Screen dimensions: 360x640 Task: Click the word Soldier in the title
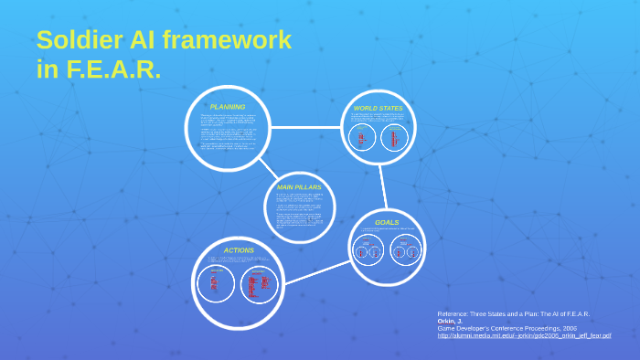(x=76, y=40)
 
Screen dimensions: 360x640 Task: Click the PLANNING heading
(x=228, y=106)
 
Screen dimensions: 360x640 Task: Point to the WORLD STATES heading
(x=378, y=108)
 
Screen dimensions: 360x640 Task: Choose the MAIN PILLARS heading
(x=299, y=186)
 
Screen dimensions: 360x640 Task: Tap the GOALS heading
(x=387, y=222)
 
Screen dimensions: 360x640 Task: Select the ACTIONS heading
(x=239, y=249)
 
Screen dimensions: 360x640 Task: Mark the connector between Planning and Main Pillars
(x=267, y=167)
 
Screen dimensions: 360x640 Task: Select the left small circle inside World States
(x=362, y=139)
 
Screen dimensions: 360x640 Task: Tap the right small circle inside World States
(x=393, y=139)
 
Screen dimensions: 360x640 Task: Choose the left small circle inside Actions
(x=217, y=284)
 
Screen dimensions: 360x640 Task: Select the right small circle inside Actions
(x=259, y=284)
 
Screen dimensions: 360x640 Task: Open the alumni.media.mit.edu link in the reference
(x=524, y=335)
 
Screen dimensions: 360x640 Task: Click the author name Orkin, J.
(x=451, y=321)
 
